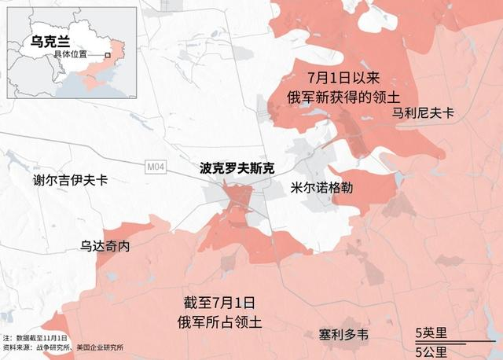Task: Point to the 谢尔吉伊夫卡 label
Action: pyautogui.click(x=71, y=180)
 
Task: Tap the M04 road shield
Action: pyautogui.click(x=156, y=167)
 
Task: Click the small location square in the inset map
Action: pyautogui.click(x=108, y=55)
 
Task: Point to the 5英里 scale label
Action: pyautogui.click(x=431, y=332)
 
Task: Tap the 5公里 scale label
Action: pyautogui.click(x=431, y=350)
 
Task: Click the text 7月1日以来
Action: pyautogui.click(x=343, y=78)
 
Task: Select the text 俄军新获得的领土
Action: pyautogui.click(x=343, y=96)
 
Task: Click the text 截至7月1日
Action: pyautogui.click(x=219, y=303)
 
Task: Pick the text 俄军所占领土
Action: pyautogui.click(x=219, y=321)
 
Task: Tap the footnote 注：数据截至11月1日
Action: pyautogui.click(x=35, y=337)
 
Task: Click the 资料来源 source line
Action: pyautogui.click(x=63, y=347)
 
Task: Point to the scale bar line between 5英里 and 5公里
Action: pyautogui.click(x=451, y=341)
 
